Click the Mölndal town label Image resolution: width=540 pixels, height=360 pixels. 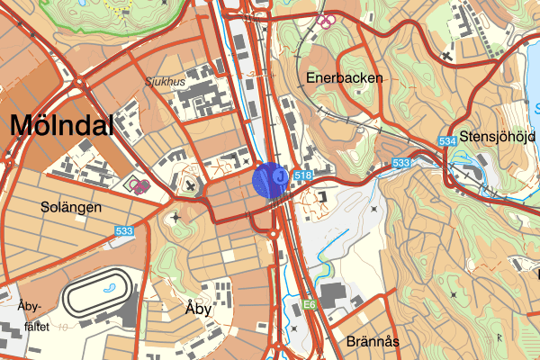click(62, 127)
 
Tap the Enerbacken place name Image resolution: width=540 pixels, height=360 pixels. click(344, 78)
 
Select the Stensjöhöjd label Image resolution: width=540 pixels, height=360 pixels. click(497, 138)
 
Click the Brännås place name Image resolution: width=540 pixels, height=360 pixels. click(372, 341)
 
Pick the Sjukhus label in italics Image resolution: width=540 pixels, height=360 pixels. click(166, 80)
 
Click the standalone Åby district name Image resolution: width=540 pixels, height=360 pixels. click(197, 308)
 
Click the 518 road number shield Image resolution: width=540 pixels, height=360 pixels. click(302, 175)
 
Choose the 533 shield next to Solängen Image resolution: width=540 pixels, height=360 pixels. click(124, 232)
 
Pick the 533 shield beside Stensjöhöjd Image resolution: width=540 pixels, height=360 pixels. click(401, 163)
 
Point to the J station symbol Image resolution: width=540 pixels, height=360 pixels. click(280, 177)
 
